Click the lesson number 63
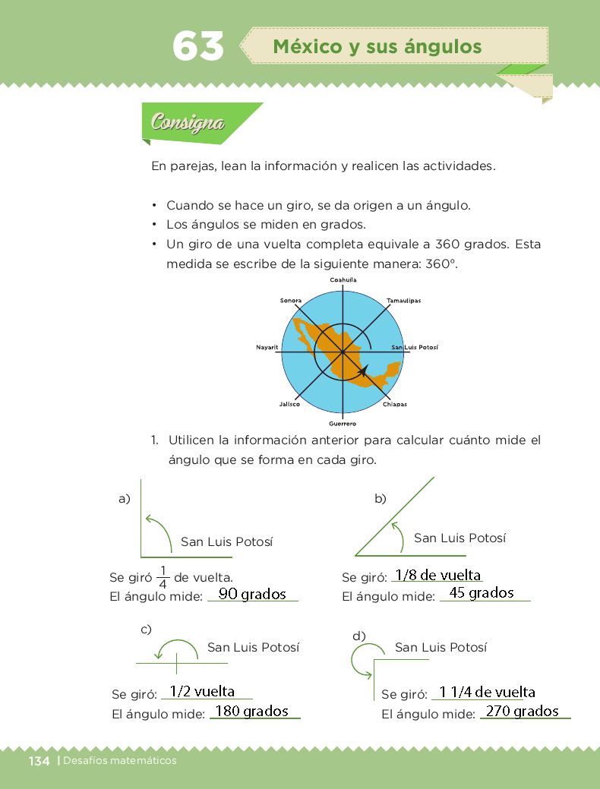[x=198, y=47]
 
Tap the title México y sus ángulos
[x=377, y=47]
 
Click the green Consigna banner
[x=188, y=122]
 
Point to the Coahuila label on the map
[x=343, y=280]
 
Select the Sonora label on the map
[x=291, y=301]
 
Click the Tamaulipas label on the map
[x=403, y=301]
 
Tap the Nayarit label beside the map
[x=268, y=347]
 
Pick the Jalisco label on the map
[x=289, y=405]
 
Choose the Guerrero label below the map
[x=343, y=423]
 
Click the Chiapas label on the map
[x=394, y=405]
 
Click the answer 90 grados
[x=252, y=594]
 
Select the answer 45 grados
[x=482, y=593]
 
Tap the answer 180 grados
[x=252, y=712]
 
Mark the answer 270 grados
[x=523, y=712]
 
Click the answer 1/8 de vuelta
[x=439, y=575]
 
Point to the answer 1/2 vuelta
[x=202, y=692]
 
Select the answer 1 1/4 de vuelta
[x=487, y=692]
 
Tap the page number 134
[x=39, y=761]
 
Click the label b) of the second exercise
[x=381, y=499]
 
